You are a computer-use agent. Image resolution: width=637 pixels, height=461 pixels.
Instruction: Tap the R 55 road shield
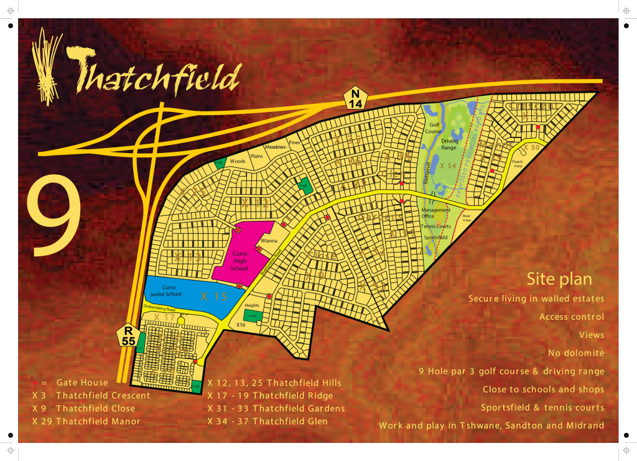click(129, 335)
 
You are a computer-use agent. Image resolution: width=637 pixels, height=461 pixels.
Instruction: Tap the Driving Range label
click(449, 144)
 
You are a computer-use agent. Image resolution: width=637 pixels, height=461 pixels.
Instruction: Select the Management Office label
click(435, 213)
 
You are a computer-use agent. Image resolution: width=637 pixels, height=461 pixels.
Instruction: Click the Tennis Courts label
click(435, 226)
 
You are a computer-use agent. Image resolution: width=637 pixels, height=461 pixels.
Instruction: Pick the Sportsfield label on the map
click(435, 238)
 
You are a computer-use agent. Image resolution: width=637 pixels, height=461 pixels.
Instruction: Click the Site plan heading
click(559, 279)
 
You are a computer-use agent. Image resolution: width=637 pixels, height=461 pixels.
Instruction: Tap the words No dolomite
click(575, 353)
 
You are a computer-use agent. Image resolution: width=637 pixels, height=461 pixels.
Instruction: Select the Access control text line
click(571, 317)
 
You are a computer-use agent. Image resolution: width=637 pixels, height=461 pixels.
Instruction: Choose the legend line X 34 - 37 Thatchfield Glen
click(276, 421)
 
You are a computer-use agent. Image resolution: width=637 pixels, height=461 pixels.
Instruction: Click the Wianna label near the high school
click(269, 240)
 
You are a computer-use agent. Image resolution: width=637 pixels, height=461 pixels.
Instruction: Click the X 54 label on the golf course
click(448, 166)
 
